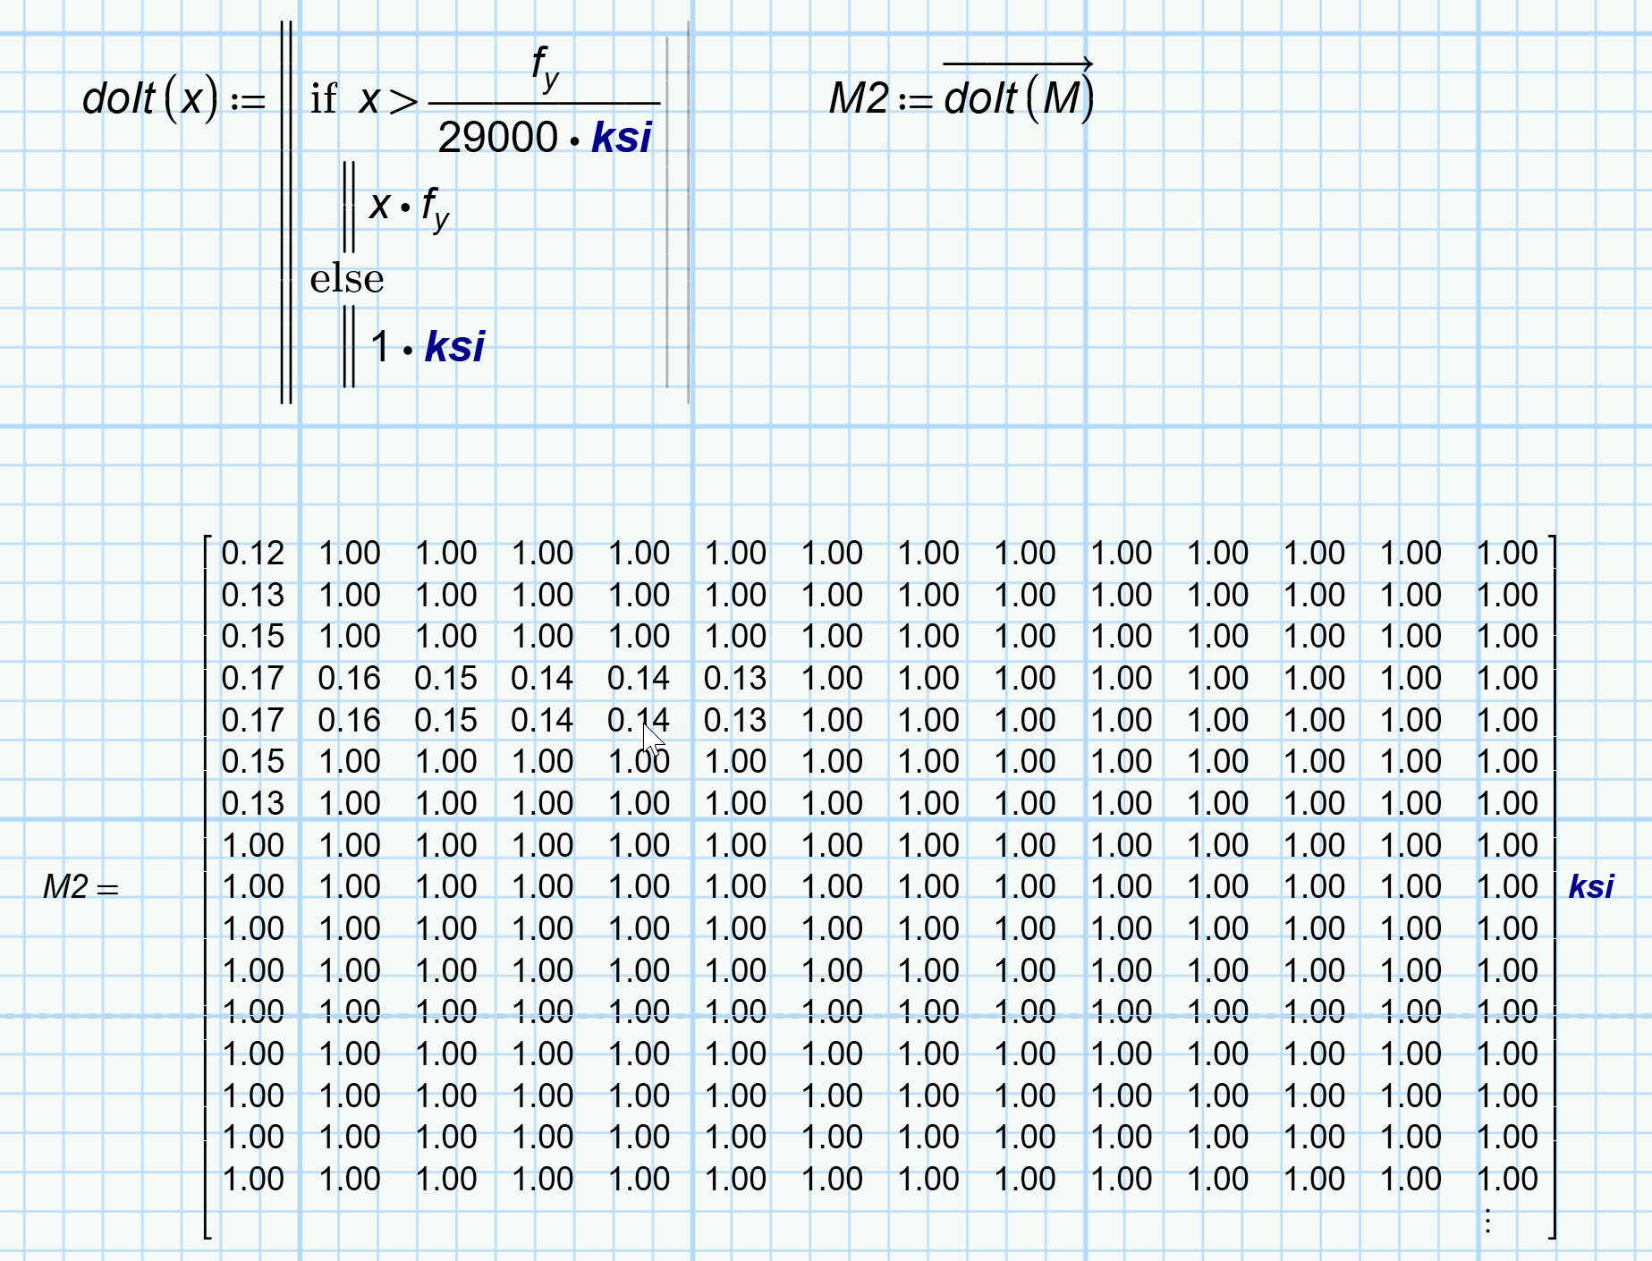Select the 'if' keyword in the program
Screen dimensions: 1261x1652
click(323, 99)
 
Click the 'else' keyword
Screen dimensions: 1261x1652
click(346, 279)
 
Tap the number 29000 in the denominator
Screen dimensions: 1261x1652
click(497, 138)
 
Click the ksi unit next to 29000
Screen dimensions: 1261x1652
click(622, 138)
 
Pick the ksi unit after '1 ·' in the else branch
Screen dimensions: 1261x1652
click(454, 347)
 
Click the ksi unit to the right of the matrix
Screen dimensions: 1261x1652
click(1591, 886)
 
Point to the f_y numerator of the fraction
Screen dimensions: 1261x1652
click(545, 67)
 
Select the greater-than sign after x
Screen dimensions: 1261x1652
click(403, 100)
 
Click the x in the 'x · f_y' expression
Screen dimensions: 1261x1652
click(379, 206)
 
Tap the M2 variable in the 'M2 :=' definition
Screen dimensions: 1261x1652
click(859, 98)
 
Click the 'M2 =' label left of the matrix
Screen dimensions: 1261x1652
click(80, 887)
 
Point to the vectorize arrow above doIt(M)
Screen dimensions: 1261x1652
click(1018, 63)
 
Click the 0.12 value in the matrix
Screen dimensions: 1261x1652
click(252, 553)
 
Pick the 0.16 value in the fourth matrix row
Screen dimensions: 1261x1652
click(349, 678)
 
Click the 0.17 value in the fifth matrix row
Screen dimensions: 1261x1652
click(252, 720)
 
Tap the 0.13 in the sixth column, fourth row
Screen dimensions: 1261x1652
click(734, 678)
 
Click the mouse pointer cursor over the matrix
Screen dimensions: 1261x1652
click(653, 739)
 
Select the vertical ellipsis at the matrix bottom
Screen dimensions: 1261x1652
click(1487, 1221)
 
